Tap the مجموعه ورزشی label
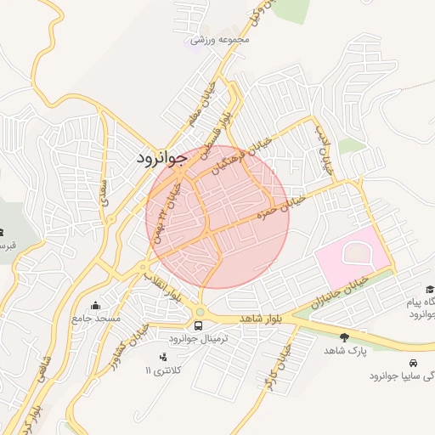click(x=220, y=39)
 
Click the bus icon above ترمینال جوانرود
click(x=199, y=325)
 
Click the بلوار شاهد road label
click(x=262, y=317)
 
